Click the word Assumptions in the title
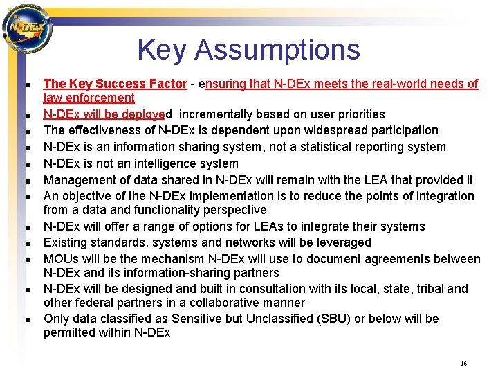(x=279, y=50)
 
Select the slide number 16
(x=463, y=364)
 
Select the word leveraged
(x=340, y=242)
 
